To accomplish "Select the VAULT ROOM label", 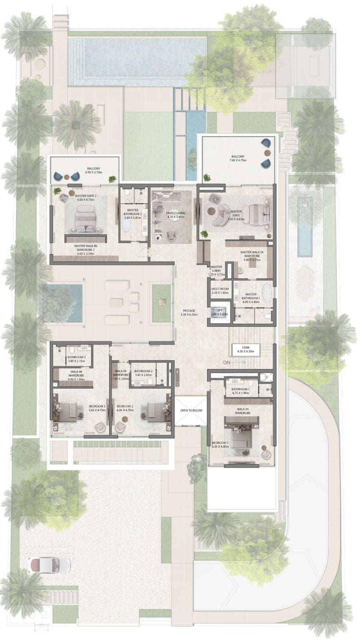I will [x=219, y=291].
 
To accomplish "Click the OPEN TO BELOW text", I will [x=190, y=411].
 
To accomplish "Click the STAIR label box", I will [x=243, y=349].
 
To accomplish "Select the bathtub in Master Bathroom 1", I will [x=266, y=293].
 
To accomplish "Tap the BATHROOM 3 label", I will [x=76, y=359].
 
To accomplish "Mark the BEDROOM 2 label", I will [x=125, y=407].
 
